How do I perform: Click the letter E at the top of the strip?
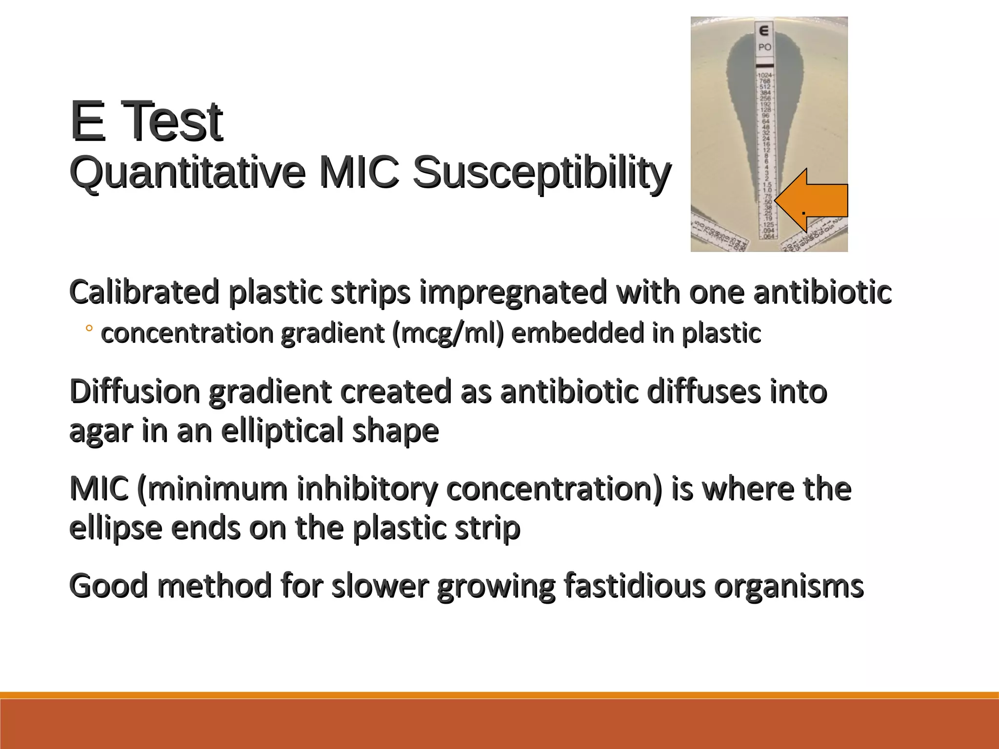point(764,31)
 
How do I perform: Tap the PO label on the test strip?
point(764,47)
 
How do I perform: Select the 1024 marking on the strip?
point(765,75)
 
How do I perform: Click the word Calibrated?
point(144,292)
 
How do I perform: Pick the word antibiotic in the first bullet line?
point(822,292)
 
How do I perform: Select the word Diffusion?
point(135,392)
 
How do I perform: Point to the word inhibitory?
point(366,489)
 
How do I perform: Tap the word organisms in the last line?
point(789,586)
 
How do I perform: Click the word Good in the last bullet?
point(108,586)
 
